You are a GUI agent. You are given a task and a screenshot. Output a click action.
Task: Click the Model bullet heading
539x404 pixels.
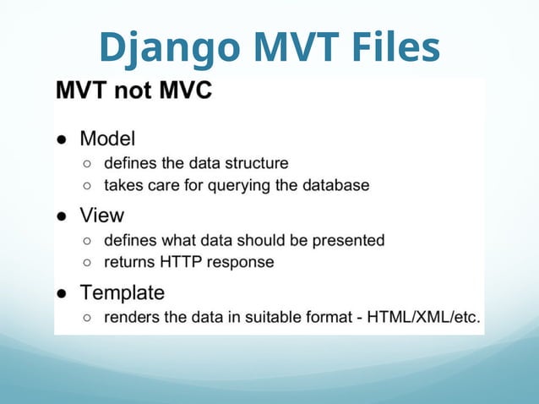(x=107, y=138)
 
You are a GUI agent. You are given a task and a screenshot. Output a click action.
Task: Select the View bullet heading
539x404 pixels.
(x=101, y=216)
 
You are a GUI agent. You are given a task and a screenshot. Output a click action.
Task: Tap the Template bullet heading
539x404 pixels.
(x=122, y=293)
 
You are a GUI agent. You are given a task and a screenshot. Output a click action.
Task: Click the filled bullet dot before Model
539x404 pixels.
(x=63, y=139)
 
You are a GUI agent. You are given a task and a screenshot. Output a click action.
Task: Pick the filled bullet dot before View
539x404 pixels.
(x=63, y=216)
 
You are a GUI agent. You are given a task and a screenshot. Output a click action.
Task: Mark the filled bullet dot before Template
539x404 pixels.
(x=63, y=294)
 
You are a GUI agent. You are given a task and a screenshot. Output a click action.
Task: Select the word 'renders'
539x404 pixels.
(x=131, y=318)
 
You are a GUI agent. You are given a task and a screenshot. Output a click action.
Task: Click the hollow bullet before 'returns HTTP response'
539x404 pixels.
(x=88, y=263)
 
